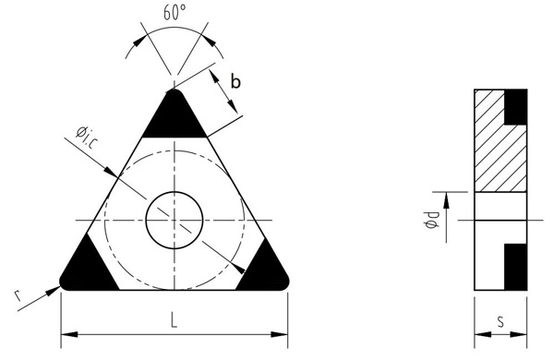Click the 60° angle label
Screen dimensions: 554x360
click(175, 12)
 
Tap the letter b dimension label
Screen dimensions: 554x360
click(235, 81)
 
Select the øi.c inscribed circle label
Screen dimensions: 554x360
click(87, 136)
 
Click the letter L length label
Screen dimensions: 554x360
click(174, 321)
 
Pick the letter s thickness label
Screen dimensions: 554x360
click(500, 321)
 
